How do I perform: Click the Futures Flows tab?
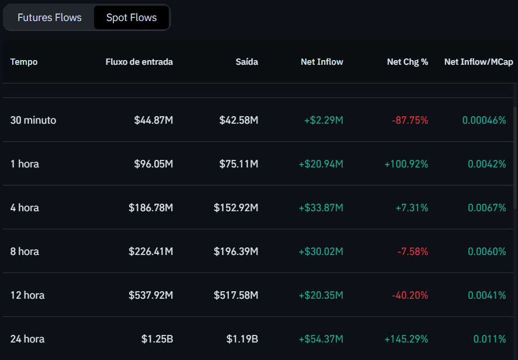(50, 18)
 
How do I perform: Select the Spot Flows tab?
(131, 18)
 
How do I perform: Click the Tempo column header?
(24, 62)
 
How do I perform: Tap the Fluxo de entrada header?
(139, 62)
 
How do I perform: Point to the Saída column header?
(246, 62)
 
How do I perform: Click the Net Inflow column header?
(322, 62)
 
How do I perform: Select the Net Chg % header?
(407, 62)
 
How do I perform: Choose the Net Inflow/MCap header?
(474, 62)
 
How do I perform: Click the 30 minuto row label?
(33, 120)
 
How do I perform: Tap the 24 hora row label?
(27, 339)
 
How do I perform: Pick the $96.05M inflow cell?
(154, 164)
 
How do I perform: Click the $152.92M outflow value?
(236, 208)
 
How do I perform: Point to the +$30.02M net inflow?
(321, 251)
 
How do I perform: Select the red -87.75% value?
(410, 120)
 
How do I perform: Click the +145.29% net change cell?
(406, 339)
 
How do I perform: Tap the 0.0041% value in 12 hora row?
(486, 295)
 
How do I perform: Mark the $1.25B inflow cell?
(157, 339)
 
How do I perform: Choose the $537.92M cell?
(151, 295)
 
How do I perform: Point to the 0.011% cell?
(489, 339)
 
